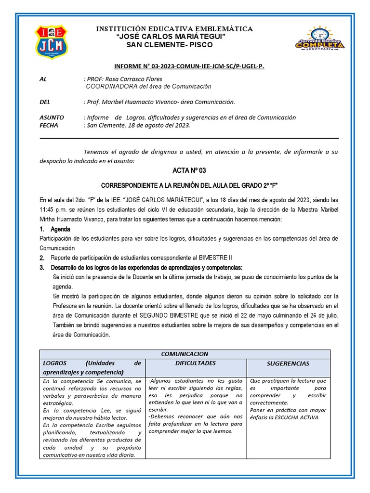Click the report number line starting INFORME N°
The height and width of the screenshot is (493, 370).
(x=189, y=66)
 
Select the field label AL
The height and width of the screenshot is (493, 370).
(x=43, y=79)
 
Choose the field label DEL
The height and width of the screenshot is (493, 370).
(x=44, y=102)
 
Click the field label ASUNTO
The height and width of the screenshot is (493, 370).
(x=51, y=117)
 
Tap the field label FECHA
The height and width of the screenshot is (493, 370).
(x=49, y=125)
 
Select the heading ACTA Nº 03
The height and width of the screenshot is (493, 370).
(x=189, y=171)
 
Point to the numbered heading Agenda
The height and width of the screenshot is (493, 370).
(x=60, y=229)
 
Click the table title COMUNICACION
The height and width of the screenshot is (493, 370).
(x=185, y=354)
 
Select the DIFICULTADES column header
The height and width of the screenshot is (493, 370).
(x=196, y=363)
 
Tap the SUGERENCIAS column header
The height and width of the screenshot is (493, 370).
(x=288, y=363)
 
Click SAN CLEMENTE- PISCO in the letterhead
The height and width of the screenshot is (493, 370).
(x=169, y=45)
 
